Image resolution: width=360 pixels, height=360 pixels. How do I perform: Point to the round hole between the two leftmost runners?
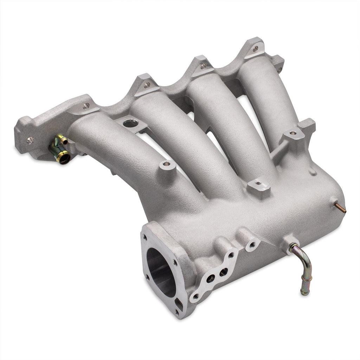click(x=130, y=123)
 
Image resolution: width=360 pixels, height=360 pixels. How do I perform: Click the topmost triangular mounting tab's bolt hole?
click(x=255, y=49)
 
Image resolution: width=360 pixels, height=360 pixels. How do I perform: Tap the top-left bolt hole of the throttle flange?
click(x=145, y=237)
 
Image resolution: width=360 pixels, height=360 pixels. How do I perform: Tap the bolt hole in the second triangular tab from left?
click(x=147, y=84)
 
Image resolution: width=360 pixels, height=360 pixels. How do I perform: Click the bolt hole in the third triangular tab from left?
click(x=203, y=65)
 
